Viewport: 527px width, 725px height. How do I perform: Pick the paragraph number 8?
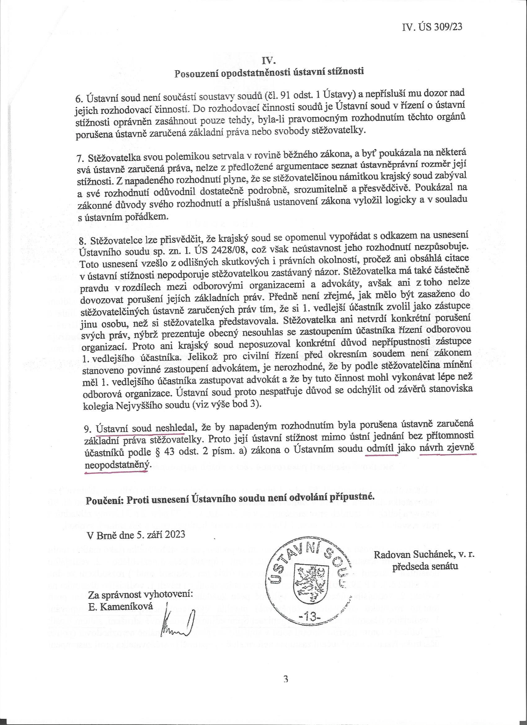click(x=85, y=239)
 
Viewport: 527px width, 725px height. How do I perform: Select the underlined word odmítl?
click(x=382, y=449)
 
